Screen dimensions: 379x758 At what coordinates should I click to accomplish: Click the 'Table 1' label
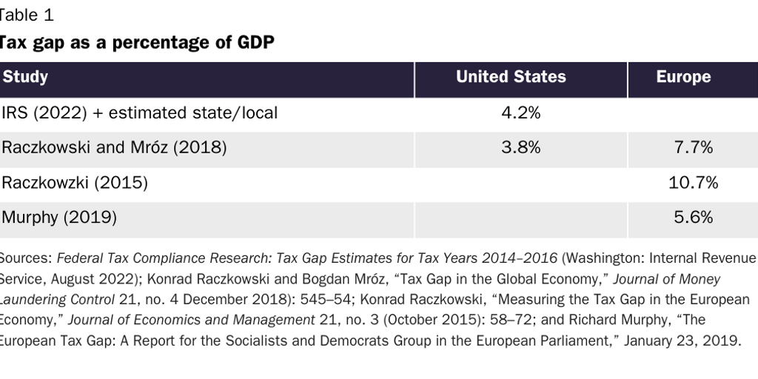pos(27,15)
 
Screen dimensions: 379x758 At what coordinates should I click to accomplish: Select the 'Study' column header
pos(25,77)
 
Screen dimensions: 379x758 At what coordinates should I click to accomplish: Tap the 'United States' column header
pos(511,77)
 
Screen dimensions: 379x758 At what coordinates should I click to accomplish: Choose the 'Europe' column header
pos(683,77)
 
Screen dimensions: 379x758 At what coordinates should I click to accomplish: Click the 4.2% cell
pos(520,113)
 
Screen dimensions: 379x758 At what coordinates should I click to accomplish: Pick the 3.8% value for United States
pos(520,148)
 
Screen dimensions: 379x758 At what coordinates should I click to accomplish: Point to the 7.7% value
pos(693,148)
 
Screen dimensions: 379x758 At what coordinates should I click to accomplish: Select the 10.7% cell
pos(693,183)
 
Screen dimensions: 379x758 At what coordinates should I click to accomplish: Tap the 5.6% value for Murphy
pos(693,218)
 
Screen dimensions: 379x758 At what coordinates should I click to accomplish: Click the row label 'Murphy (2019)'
pos(59,218)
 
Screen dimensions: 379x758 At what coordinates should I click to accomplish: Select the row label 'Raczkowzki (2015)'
pos(74,183)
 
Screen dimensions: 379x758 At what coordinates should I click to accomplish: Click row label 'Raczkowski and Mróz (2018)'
pos(114,148)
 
